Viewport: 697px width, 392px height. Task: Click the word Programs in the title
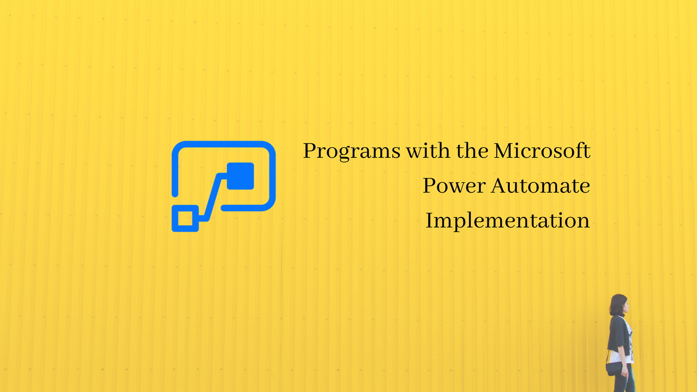[352, 151]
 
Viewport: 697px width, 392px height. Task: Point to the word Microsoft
[542, 150]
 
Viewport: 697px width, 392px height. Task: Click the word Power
[454, 185]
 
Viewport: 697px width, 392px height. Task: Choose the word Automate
[540, 185]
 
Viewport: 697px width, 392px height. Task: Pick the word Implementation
[507, 221]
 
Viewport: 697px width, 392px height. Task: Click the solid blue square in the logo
[240, 176]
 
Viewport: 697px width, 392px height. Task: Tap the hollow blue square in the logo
[185, 218]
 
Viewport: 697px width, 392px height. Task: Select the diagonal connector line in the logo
[213, 197]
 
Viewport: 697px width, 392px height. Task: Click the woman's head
[619, 305]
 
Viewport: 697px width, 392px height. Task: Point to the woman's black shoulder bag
[614, 369]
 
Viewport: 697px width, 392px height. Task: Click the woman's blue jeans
[624, 378]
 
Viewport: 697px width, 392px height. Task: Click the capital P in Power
[430, 186]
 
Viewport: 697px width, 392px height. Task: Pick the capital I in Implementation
[429, 220]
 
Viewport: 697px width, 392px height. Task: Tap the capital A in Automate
[500, 186]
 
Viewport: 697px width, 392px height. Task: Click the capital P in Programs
[311, 150]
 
